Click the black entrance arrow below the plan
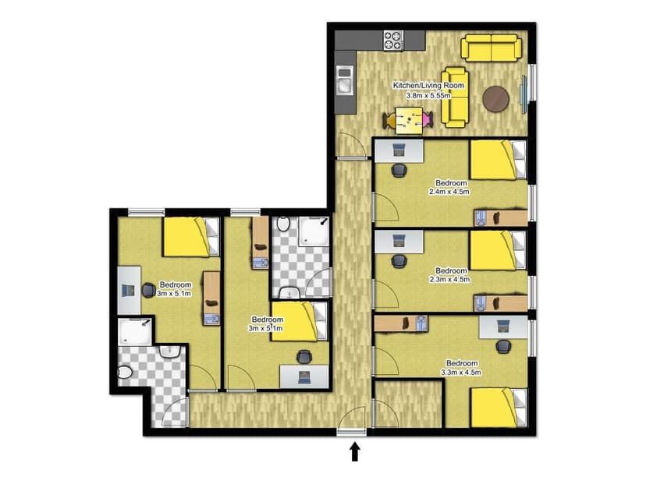pos(355,452)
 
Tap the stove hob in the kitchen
pos(392,39)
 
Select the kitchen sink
pos(344,78)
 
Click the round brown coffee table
pos(496,99)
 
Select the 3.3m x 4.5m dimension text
pos(460,372)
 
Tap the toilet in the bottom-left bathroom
pos(125,373)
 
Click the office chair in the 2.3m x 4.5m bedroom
pos(399,260)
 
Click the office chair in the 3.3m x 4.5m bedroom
pos(504,345)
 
